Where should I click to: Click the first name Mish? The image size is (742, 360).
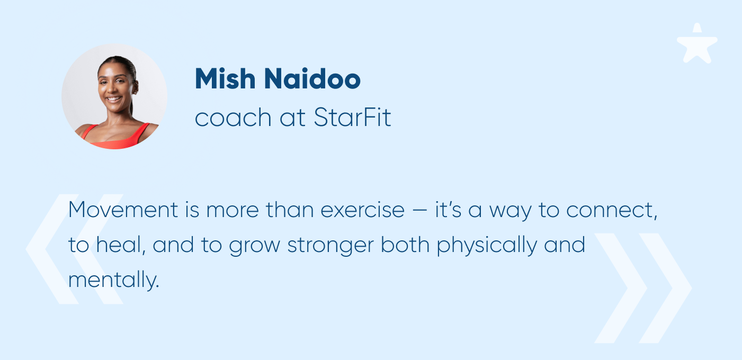[x=225, y=78]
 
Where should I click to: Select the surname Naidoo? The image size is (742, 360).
[x=312, y=78]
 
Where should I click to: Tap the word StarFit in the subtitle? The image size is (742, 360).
[x=352, y=117]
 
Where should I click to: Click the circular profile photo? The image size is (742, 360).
[x=114, y=96]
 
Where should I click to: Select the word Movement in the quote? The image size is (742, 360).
[x=123, y=210]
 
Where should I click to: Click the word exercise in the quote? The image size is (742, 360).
[x=362, y=210]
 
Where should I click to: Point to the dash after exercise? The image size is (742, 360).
[x=419, y=211]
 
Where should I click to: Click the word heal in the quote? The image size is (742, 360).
[x=119, y=245]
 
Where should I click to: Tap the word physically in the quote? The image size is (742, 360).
[x=487, y=246]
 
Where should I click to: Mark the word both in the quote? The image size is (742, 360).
[x=405, y=245]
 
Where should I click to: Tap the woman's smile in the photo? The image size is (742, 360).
[x=114, y=99]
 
